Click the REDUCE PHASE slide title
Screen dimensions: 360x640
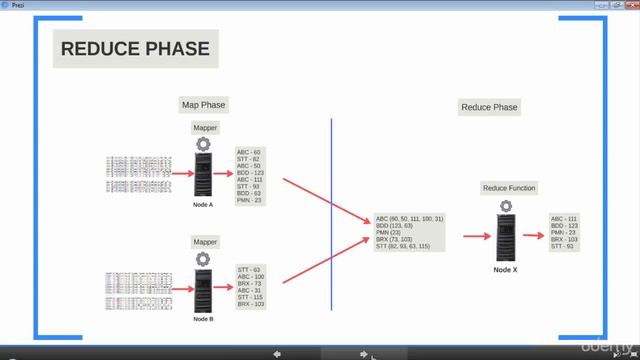click(x=135, y=49)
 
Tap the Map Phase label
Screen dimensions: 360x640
click(x=203, y=104)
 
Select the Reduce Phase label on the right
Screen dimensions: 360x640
click(x=489, y=107)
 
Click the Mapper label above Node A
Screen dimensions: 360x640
click(x=204, y=128)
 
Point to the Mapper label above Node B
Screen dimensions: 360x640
click(x=204, y=242)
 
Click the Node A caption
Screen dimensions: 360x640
click(x=204, y=204)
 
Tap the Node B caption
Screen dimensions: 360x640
click(x=204, y=317)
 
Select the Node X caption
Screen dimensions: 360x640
click(x=505, y=269)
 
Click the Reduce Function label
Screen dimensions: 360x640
click(x=509, y=188)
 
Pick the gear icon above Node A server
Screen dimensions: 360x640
click(x=204, y=144)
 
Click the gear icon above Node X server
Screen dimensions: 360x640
click(x=505, y=206)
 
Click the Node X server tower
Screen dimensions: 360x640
click(x=505, y=239)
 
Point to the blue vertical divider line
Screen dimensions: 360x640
click(x=332, y=210)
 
